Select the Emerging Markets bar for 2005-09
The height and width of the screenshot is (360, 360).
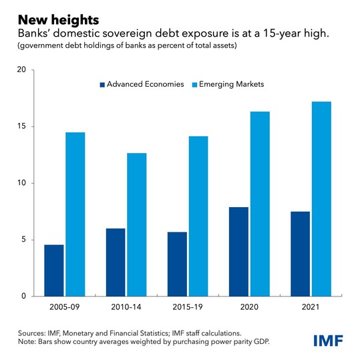75,214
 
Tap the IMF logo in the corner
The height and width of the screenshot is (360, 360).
329,340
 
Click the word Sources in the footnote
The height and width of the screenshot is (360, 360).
26,333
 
